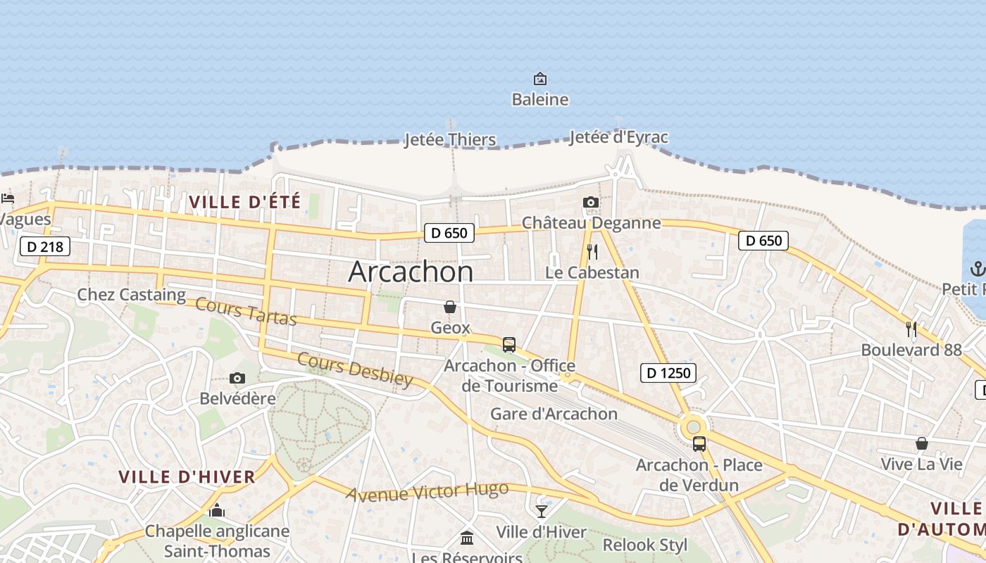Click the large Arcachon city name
pyautogui.click(x=411, y=272)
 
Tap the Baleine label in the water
pyautogui.click(x=539, y=99)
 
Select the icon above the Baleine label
pyautogui.click(x=539, y=79)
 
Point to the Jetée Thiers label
pyautogui.click(x=449, y=139)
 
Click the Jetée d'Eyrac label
pyautogui.click(x=618, y=137)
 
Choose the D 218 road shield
pyautogui.click(x=45, y=246)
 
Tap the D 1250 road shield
pyautogui.click(x=668, y=373)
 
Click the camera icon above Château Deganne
pyautogui.click(x=591, y=203)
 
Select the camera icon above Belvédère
pyautogui.click(x=237, y=379)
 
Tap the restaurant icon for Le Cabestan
pyautogui.click(x=592, y=252)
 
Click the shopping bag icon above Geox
pyautogui.click(x=450, y=307)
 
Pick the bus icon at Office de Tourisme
pyautogui.click(x=509, y=345)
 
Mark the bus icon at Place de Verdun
pyautogui.click(x=699, y=444)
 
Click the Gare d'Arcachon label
pyautogui.click(x=554, y=414)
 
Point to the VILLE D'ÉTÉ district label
pyautogui.click(x=244, y=202)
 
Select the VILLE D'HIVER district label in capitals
pyautogui.click(x=187, y=477)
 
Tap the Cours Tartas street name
pyautogui.click(x=246, y=312)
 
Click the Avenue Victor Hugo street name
pyautogui.click(x=427, y=491)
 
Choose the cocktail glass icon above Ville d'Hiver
pyautogui.click(x=541, y=511)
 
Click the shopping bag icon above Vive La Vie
pyautogui.click(x=921, y=443)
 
